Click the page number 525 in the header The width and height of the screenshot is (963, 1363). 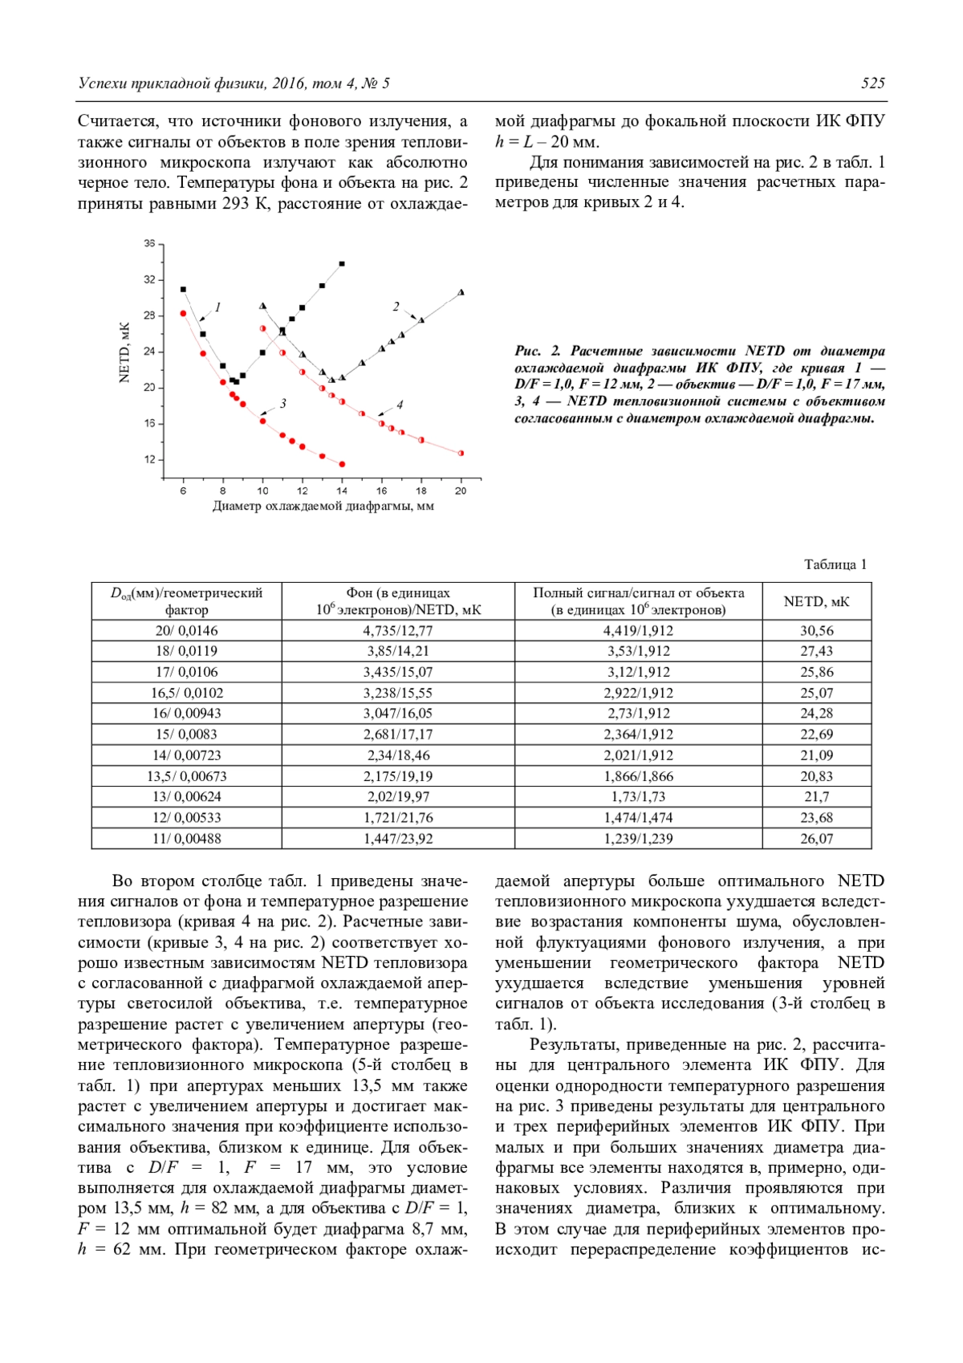pyautogui.click(x=872, y=83)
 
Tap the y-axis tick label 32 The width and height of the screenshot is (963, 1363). pyautogui.click(x=150, y=279)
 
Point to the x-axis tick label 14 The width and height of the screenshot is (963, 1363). pyautogui.click(x=342, y=490)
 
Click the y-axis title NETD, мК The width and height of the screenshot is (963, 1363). pyautogui.click(x=124, y=353)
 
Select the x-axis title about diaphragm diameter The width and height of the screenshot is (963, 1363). pyautogui.click(x=323, y=507)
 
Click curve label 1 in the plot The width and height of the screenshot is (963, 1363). pyautogui.click(x=217, y=307)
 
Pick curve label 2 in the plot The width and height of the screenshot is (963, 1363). pyautogui.click(x=396, y=306)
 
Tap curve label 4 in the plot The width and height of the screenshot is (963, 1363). pyautogui.click(x=399, y=405)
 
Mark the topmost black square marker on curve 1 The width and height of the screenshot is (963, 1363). pyautogui.click(x=342, y=263)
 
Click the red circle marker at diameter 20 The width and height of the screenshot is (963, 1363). pyautogui.click(x=461, y=454)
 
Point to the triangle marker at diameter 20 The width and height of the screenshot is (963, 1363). pyautogui.click(x=461, y=292)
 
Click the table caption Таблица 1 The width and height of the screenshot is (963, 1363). pyautogui.click(x=835, y=564)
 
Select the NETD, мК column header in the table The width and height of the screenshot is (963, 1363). pyautogui.click(x=816, y=601)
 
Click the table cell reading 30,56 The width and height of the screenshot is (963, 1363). pyautogui.click(x=816, y=631)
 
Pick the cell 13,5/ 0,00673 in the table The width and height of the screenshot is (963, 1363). pyautogui.click(x=186, y=776)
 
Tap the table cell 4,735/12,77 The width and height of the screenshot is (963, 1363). pyautogui.click(x=397, y=631)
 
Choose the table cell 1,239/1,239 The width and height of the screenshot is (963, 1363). pyautogui.click(x=638, y=839)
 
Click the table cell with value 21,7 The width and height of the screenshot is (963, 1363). pyautogui.click(x=816, y=797)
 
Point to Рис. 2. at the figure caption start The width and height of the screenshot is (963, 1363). pyautogui.click(x=538, y=351)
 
